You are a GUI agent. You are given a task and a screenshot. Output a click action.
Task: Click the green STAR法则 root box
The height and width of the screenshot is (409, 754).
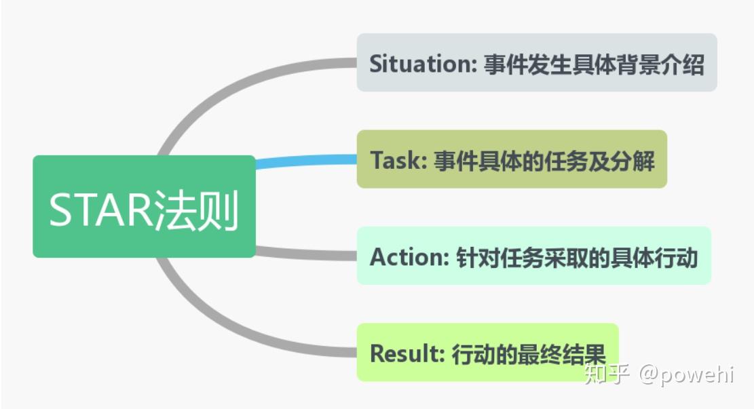[x=145, y=206]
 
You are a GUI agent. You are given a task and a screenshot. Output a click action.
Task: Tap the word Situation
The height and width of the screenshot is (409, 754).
[x=421, y=64]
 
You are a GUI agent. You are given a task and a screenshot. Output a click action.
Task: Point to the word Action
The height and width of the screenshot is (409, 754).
[x=409, y=256]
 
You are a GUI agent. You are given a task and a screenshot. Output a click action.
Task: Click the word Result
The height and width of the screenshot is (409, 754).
[x=407, y=353]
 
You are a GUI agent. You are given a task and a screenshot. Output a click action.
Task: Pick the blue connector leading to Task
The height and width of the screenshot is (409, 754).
[x=306, y=161]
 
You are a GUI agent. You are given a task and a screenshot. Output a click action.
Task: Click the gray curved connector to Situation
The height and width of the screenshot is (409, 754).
[x=231, y=92]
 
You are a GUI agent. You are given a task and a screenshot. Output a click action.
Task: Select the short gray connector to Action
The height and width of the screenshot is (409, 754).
[x=306, y=253]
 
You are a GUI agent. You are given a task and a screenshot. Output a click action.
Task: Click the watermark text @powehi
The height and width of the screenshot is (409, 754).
[x=686, y=374]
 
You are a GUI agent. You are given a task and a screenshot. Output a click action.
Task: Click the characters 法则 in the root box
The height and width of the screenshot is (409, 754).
[x=195, y=210]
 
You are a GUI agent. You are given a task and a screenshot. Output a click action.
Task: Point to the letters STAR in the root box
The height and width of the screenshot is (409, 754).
[x=100, y=210]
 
